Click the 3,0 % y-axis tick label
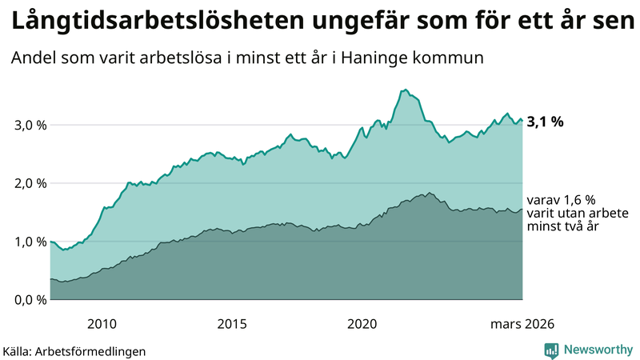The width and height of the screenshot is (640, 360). (26, 126)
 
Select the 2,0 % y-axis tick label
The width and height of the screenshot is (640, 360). (26, 183)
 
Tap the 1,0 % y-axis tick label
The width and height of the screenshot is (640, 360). (26, 242)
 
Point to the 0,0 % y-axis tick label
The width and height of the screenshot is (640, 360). (26, 300)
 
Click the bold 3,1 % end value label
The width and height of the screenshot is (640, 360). (546, 122)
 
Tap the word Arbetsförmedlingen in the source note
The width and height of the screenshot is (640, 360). (96, 350)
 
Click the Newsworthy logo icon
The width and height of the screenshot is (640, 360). (551, 349)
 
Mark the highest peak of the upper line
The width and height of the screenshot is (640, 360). (406, 90)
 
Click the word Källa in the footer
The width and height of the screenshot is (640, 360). (18, 350)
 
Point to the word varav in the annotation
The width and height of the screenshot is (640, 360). (542, 200)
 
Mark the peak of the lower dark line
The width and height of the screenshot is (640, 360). (430, 193)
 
